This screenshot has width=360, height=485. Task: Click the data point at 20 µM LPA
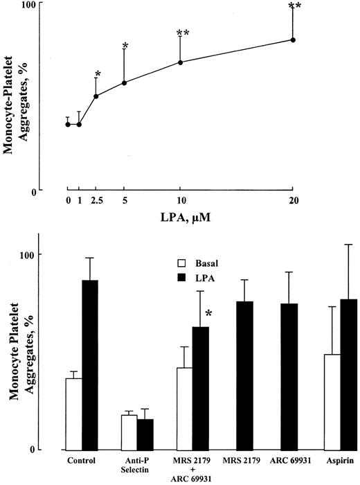pyautogui.click(x=293, y=39)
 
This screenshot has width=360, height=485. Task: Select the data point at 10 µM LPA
pyautogui.click(x=180, y=62)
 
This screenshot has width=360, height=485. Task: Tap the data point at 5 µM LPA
pyautogui.click(x=124, y=83)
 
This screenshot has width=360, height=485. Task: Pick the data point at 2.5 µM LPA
pyautogui.click(x=96, y=96)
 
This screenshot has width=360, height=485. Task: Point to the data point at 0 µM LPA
pyautogui.click(x=68, y=124)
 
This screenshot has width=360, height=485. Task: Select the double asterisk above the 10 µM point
pyautogui.click(x=183, y=33)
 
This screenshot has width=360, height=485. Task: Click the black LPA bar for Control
pyautogui.click(x=90, y=364)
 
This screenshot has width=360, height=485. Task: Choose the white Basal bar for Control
pyautogui.click(x=74, y=413)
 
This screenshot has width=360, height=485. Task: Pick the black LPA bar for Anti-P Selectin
pyautogui.click(x=145, y=434)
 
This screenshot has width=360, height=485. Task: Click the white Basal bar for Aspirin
pyautogui.click(x=333, y=401)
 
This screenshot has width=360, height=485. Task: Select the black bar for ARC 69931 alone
pyautogui.click(x=289, y=376)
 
